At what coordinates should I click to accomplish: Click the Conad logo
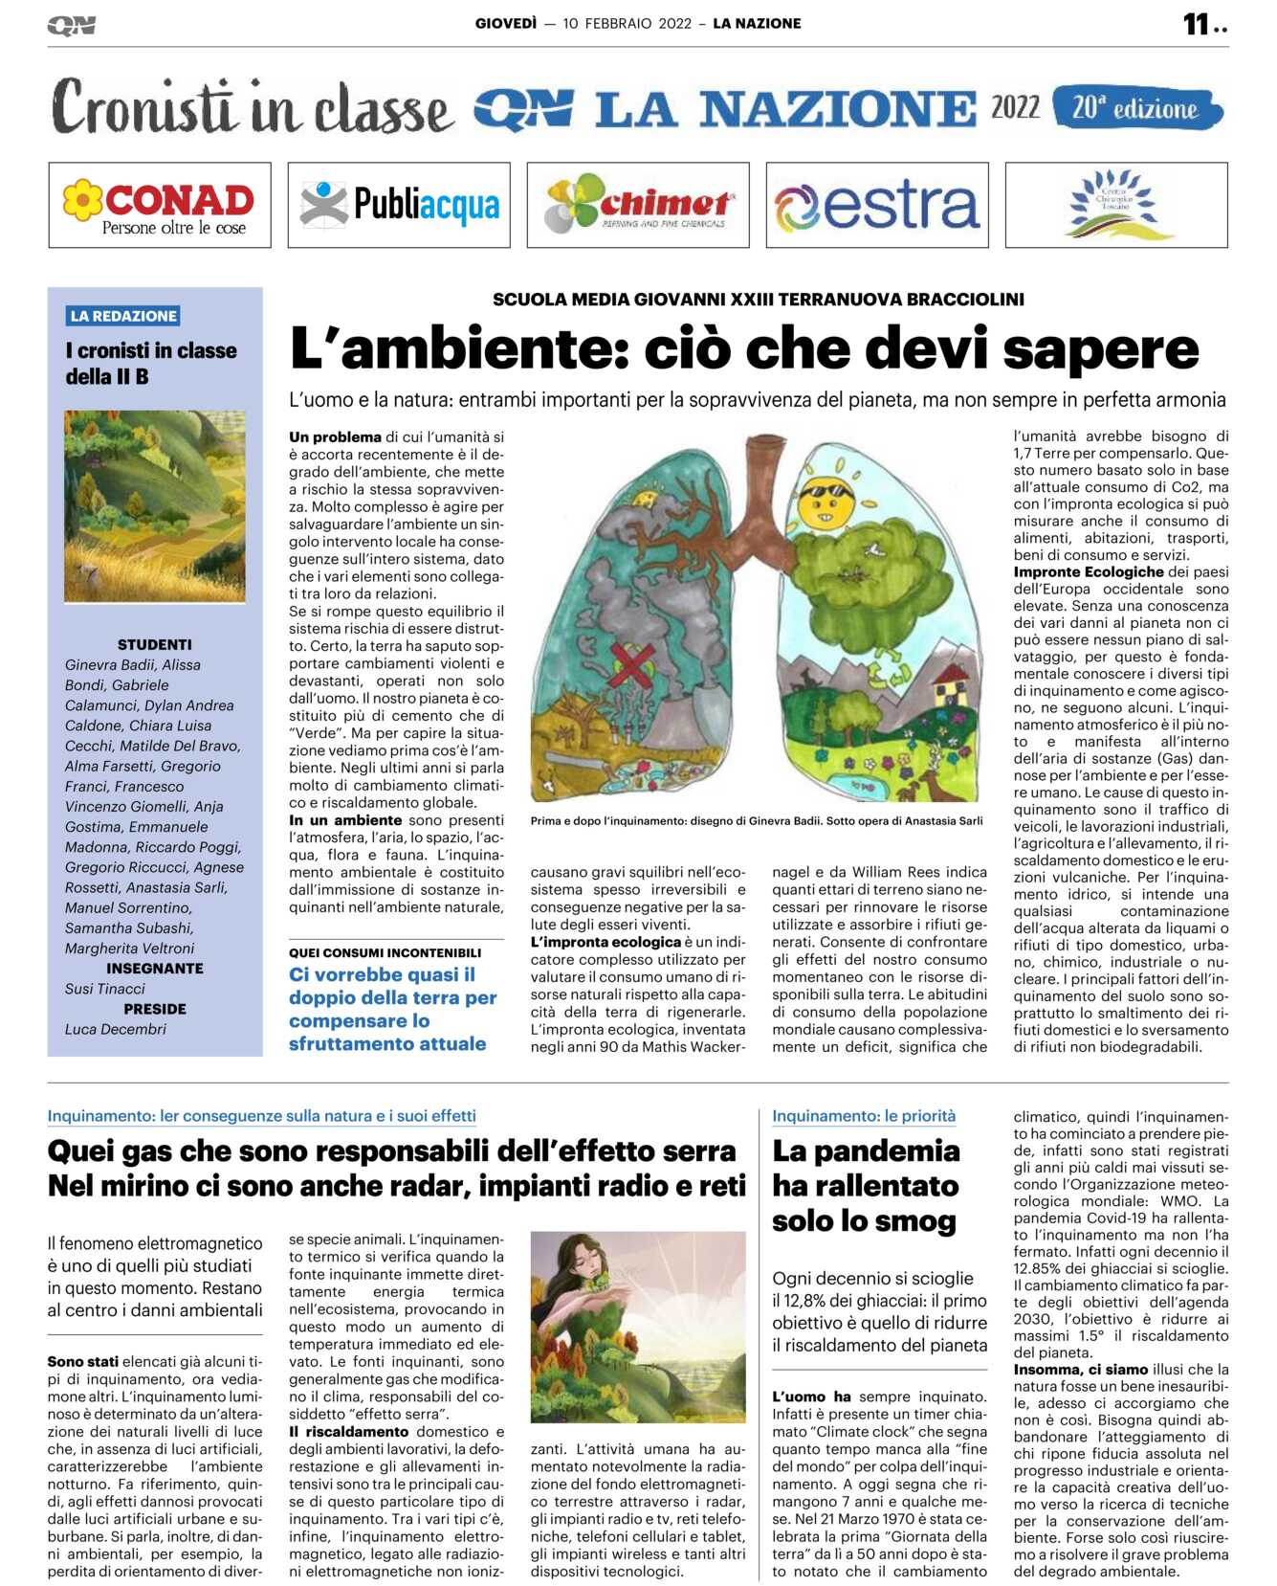pyautogui.click(x=159, y=205)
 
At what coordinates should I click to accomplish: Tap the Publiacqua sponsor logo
pyautogui.click(x=399, y=205)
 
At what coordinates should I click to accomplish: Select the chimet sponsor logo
pyautogui.click(x=638, y=205)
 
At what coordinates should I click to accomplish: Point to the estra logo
pyautogui.click(x=876, y=205)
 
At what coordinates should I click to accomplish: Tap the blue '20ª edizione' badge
pyautogui.click(x=1136, y=108)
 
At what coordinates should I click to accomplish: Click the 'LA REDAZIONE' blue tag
pyautogui.click(x=123, y=316)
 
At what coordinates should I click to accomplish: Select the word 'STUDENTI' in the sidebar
pyautogui.click(x=154, y=644)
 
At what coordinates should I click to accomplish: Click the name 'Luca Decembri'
pyautogui.click(x=116, y=1029)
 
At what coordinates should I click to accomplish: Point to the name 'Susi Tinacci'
pyautogui.click(x=105, y=989)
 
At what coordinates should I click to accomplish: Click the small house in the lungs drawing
pyautogui.click(x=951, y=685)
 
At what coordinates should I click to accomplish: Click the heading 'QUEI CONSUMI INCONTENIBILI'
pyautogui.click(x=385, y=952)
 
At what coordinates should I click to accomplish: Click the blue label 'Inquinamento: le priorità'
pyautogui.click(x=864, y=1115)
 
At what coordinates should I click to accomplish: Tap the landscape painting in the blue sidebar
pyautogui.click(x=154, y=506)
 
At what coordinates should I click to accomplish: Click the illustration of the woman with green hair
pyautogui.click(x=638, y=1328)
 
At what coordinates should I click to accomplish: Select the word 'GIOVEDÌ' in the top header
pyautogui.click(x=506, y=23)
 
